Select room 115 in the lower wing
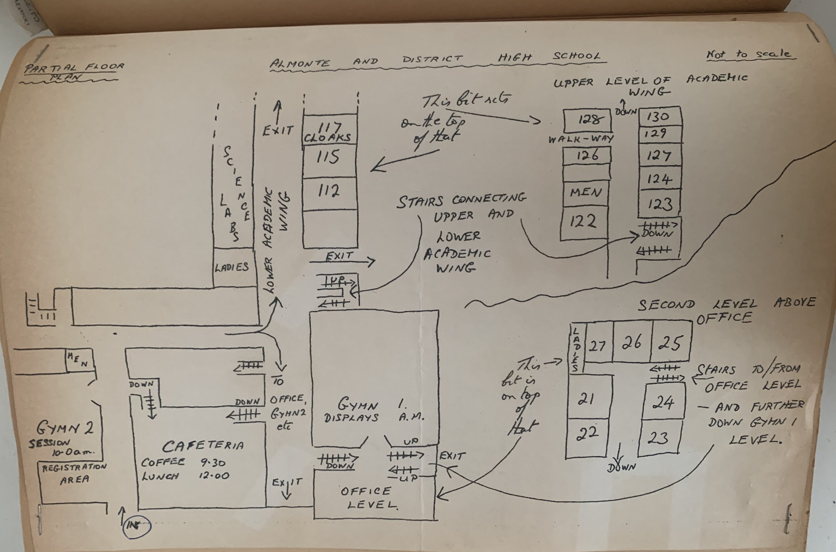[328, 157]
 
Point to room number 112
[329, 191]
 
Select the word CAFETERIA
[203, 446]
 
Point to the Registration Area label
[74, 473]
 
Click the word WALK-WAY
[581, 139]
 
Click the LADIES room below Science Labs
[232, 267]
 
